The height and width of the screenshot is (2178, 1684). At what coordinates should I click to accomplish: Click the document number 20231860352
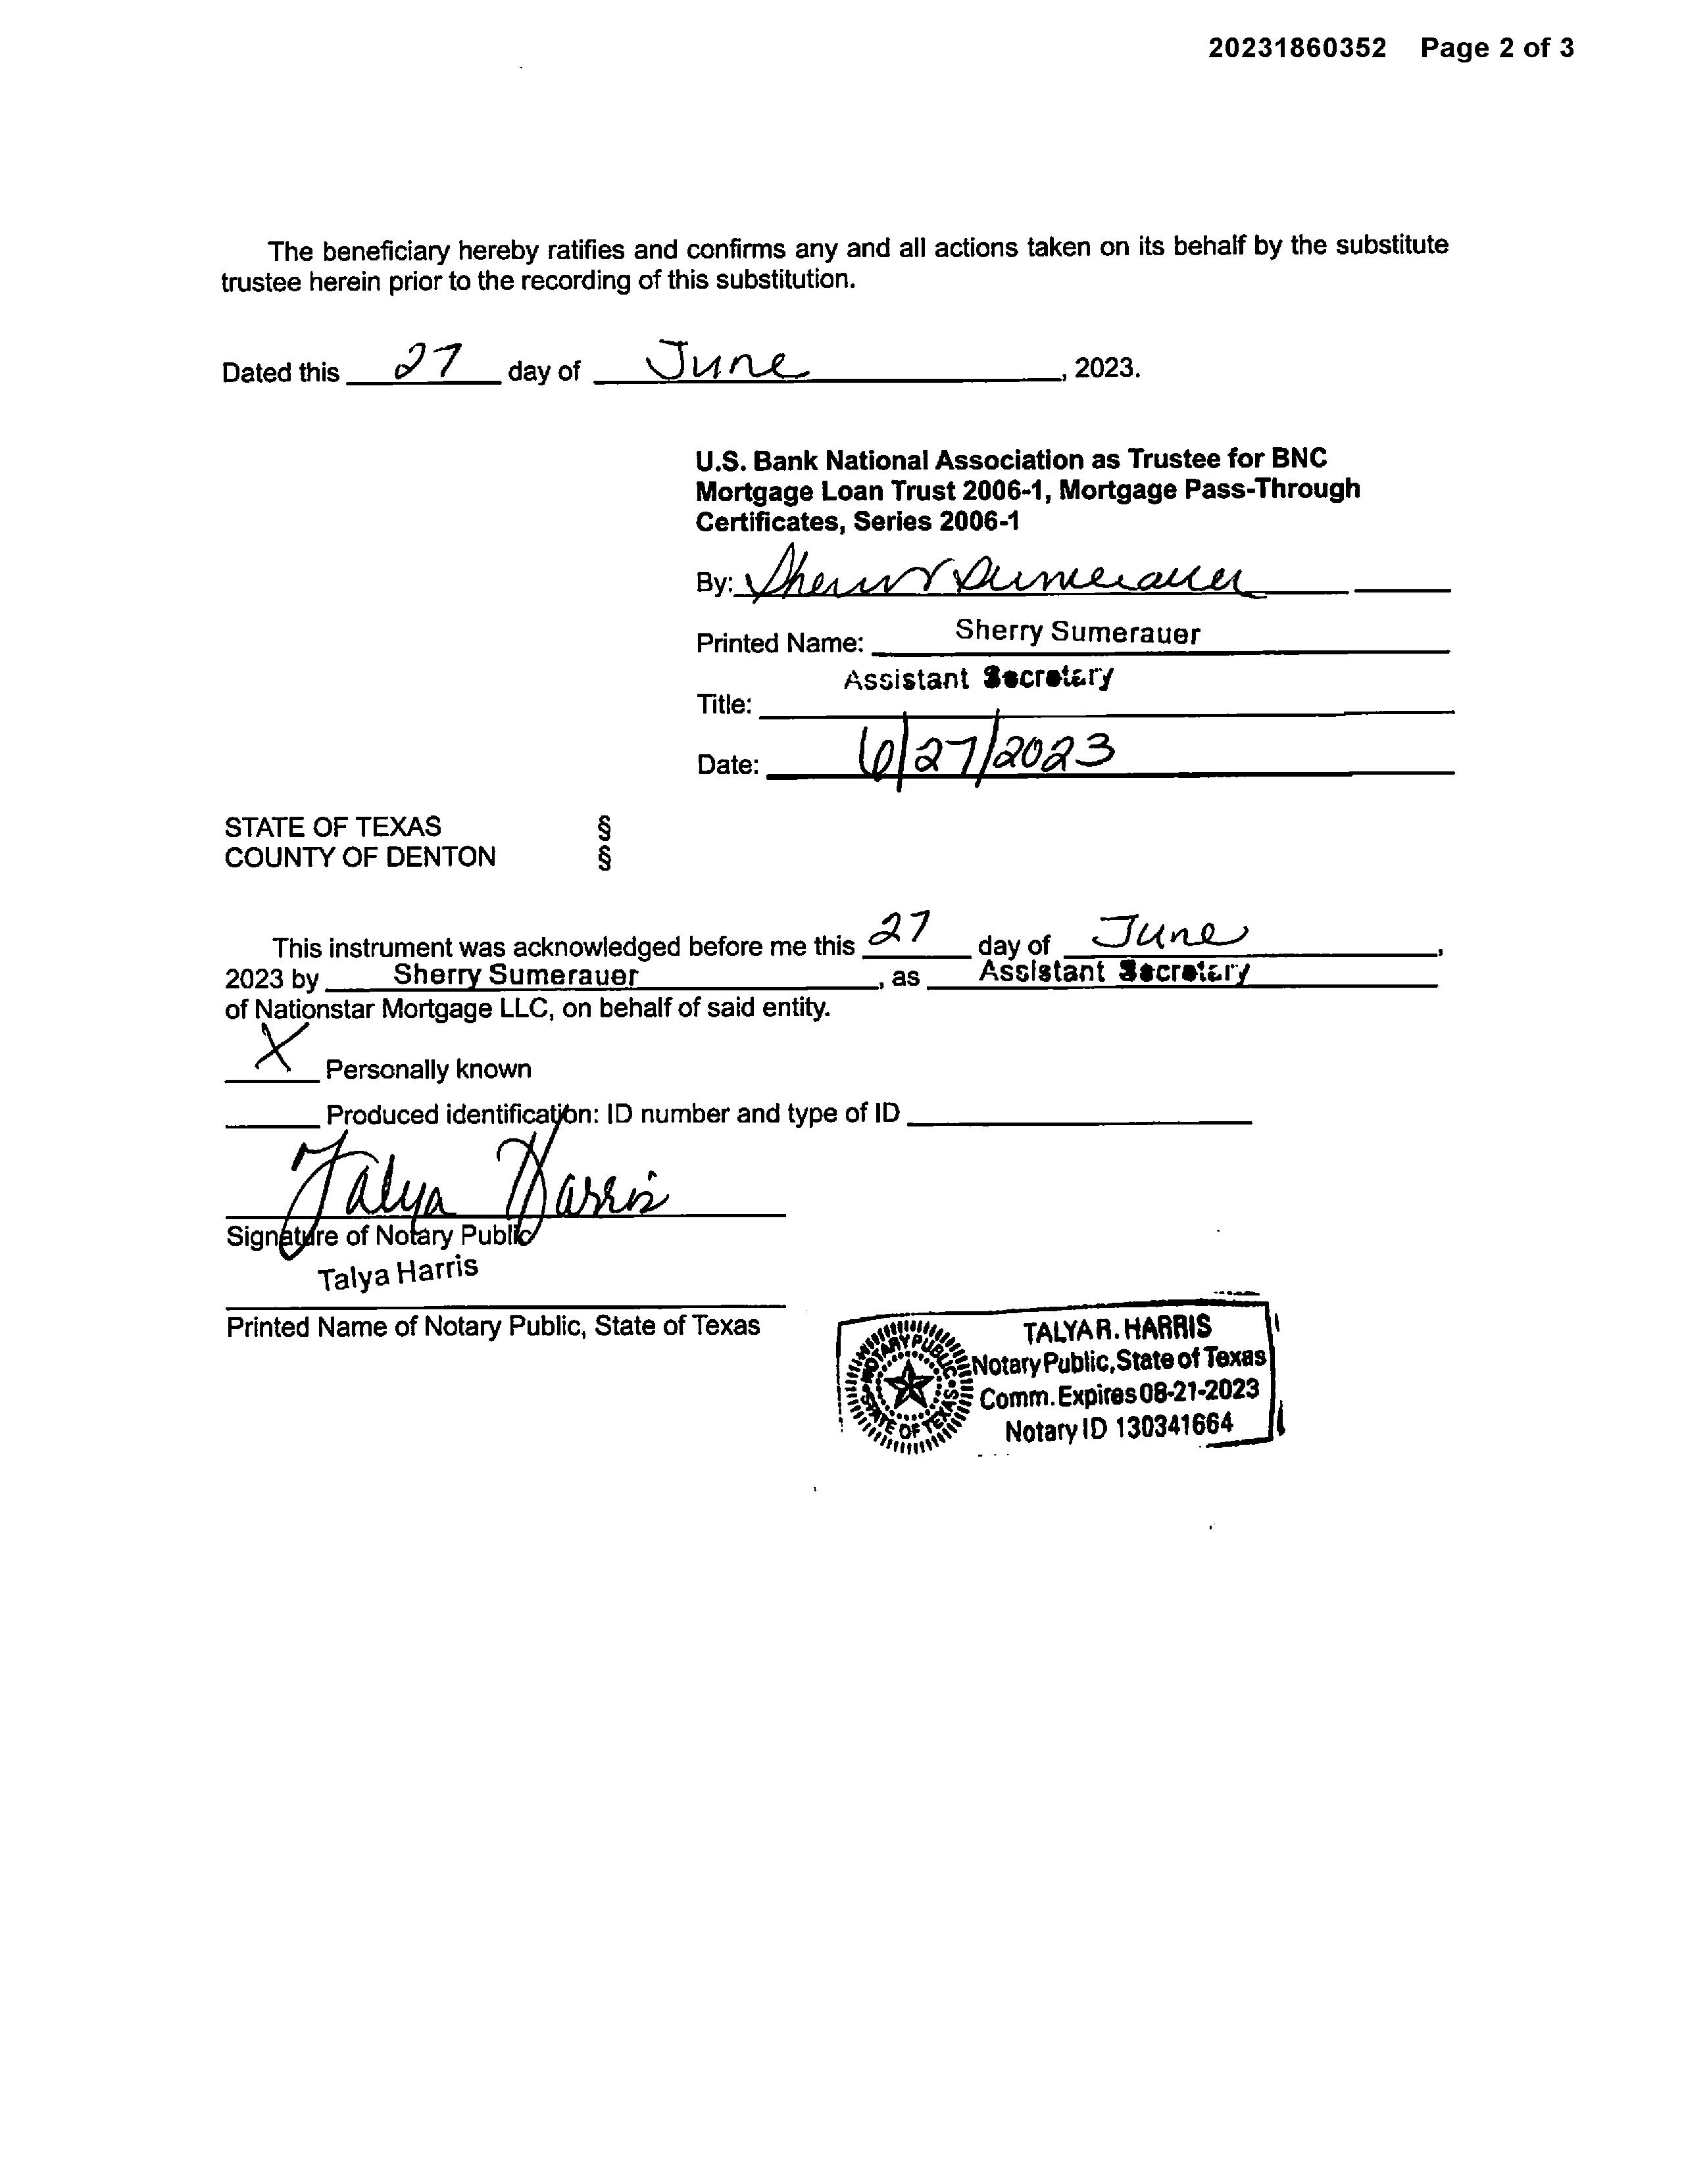tap(1297, 48)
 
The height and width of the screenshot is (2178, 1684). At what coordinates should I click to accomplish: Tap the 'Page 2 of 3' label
tap(1497, 48)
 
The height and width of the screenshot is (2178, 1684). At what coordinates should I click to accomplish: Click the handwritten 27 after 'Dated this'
tap(427, 364)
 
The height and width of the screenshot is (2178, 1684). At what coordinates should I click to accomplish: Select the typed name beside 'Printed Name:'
tap(1077, 631)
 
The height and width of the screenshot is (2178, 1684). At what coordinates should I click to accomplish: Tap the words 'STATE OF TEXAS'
tap(332, 827)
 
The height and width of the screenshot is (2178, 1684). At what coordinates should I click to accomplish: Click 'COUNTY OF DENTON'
tap(359, 858)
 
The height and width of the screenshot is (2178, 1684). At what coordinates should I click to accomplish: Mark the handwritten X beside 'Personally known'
tap(280, 1049)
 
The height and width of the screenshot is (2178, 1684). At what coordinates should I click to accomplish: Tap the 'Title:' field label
tap(724, 705)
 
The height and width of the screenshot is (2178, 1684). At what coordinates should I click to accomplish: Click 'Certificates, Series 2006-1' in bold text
tap(857, 521)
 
